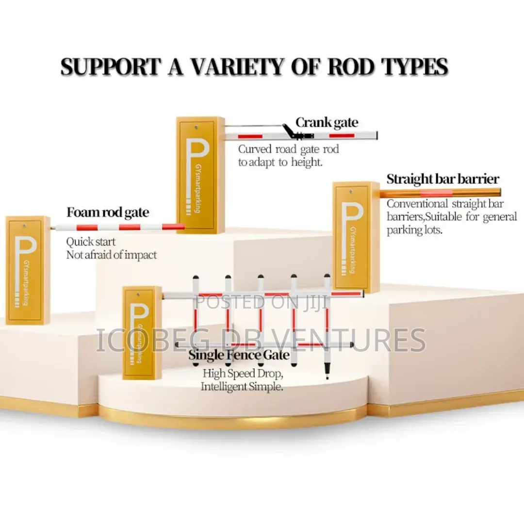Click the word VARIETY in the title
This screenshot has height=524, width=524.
237,67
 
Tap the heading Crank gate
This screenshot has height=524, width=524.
327,123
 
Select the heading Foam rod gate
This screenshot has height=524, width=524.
108,213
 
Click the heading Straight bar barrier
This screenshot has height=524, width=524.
443,180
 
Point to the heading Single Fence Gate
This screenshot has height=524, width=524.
239,355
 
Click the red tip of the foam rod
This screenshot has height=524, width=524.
174,227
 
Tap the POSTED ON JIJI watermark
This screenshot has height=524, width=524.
262,302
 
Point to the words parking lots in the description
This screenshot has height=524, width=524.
414,230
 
